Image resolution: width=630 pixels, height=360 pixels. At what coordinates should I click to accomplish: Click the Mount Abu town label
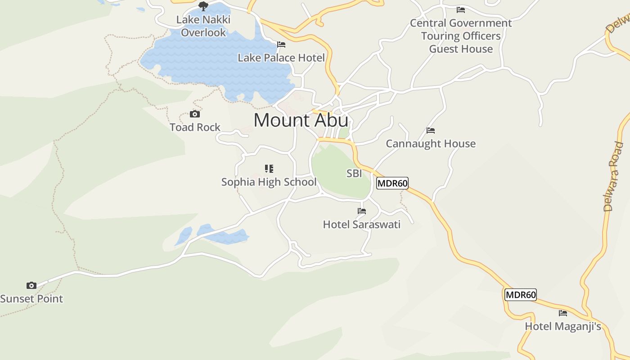[x=301, y=120]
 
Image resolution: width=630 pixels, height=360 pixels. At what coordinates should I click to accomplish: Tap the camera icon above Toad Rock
[x=195, y=114]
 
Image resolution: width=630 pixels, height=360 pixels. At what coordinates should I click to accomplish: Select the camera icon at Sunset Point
[x=31, y=285]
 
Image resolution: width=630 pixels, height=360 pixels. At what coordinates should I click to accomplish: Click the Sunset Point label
[x=31, y=299]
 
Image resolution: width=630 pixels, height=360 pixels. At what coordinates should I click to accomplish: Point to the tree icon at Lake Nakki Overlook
[x=203, y=6]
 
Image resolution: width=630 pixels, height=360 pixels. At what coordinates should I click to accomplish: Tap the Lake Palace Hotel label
[x=281, y=58]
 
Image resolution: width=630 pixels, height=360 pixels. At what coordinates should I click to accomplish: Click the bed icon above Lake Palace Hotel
[x=281, y=45]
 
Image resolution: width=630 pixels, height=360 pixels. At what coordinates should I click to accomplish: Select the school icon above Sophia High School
[x=269, y=169]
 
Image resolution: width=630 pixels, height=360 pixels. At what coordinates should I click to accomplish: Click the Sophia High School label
[x=269, y=182]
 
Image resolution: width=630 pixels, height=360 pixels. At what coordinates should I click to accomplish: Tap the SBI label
[x=354, y=174]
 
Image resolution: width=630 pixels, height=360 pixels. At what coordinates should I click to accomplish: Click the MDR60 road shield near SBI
[x=392, y=183]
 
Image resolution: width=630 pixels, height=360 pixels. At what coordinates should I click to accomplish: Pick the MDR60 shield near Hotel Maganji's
[x=521, y=295]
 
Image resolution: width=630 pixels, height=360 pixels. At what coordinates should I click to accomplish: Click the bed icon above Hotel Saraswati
[x=362, y=211]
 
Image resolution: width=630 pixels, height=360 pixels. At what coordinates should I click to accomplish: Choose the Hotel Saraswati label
[x=361, y=225]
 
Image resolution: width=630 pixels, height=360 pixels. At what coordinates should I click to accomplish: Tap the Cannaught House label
[x=431, y=144]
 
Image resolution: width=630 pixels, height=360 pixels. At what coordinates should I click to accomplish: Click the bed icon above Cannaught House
[x=431, y=131]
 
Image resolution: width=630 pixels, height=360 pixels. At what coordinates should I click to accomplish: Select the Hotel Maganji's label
[x=563, y=327]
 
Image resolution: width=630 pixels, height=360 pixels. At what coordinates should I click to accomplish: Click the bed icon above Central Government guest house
[x=461, y=9]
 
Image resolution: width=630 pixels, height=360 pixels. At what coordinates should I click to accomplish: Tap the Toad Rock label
[x=195, y=128]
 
